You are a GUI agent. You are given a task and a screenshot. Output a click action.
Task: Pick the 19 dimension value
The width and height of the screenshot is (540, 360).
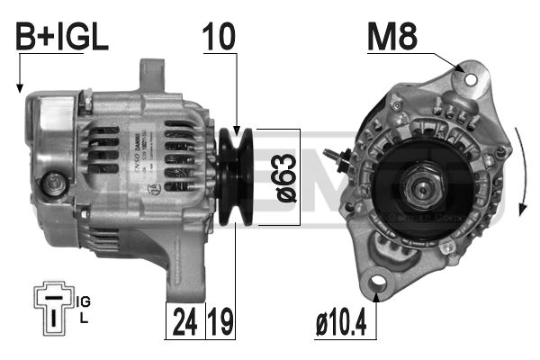point(221,321)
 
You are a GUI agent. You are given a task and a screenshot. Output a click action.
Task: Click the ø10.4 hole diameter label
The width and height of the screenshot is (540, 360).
point(339,321)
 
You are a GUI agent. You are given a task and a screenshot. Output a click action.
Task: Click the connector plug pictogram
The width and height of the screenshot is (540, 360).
point(56,307)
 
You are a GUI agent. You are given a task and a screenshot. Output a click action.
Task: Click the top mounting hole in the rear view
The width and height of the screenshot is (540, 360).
point(468,78)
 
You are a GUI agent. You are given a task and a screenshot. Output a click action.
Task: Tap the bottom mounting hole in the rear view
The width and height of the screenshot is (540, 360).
point(375,286)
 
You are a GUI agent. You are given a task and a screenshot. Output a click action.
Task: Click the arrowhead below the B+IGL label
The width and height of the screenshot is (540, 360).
point(19,88)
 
